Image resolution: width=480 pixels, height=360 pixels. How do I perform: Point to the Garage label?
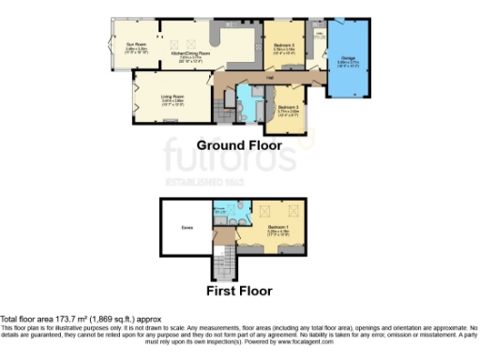pos(348,59)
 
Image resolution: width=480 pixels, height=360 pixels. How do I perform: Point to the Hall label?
pos(269,79)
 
